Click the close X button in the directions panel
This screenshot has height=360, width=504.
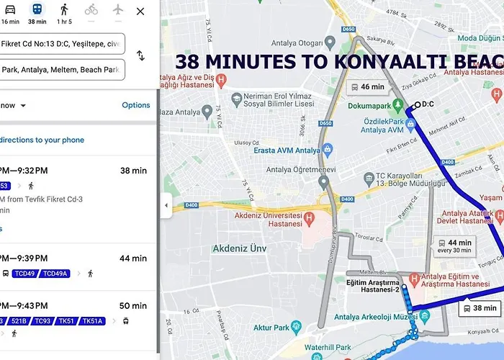pyautogui.click(x=140, y=11)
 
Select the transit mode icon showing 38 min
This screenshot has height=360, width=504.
pyautogui.click(x=37, y=13)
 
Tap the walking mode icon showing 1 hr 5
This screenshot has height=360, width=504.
pyautogui.click(x=64, y=13)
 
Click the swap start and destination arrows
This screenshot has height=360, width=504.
pyautogui.click(x=140, y=55)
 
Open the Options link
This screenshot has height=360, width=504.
pyautogui.click(x=135, y=105)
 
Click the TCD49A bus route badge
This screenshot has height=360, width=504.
pyautogui.click(x=54, y=274)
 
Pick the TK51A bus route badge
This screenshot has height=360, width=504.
pyautogui.click(x=92, y=321)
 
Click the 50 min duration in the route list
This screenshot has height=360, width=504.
pyautogui.click(x=133, y=306)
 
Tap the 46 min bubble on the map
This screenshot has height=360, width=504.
pyautogui.click(x=367, y=87)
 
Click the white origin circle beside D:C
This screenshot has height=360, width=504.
pyautogui.click(x=417, y=104)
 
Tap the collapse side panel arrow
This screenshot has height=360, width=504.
pyautogui.click(x=166, y=205)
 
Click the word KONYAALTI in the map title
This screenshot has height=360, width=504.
pyautogui.click(x=386, y=62)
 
